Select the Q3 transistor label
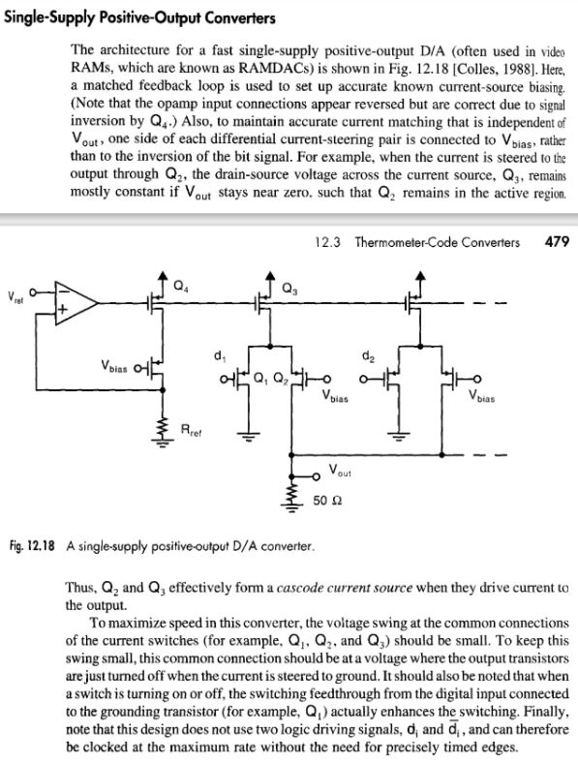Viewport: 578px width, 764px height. click(289, 288)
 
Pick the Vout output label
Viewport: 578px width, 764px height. click(340, 472)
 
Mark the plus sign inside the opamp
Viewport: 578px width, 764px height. click(65, 309)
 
